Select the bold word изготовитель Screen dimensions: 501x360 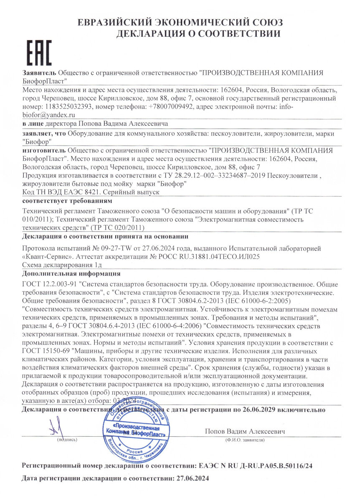coord(44,150)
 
